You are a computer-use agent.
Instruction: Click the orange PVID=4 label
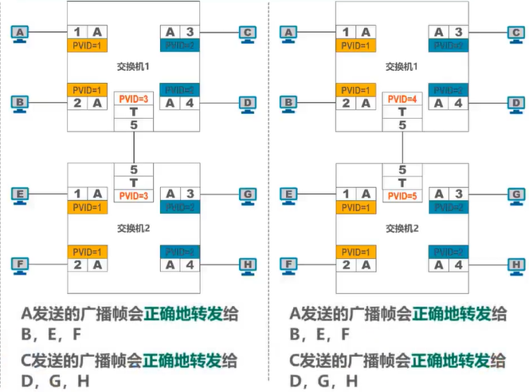coord(402,98)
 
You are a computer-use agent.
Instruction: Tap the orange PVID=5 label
coord(402,196)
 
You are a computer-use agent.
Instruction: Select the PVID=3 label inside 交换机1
coord(133,98)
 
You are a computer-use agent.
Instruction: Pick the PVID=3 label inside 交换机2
coord(133,196)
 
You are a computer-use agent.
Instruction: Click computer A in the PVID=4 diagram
coord(288,32)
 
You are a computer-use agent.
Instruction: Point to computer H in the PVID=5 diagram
coord(518,265)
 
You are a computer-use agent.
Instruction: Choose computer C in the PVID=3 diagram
coord(249,32)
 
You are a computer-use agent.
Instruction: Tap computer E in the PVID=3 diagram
coord(20,194)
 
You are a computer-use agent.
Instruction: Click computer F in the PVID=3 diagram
coord(20,265)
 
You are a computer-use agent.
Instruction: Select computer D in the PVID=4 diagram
coord(518,103)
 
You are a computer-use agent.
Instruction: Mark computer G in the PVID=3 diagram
coord(249,194)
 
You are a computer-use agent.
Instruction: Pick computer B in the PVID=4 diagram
coord(288,103)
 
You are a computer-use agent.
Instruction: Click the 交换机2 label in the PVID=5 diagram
coord(402,228)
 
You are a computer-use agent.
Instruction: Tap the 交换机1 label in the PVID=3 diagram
coord(133,67)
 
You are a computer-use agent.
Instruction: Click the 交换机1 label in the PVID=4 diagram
coord(402,67)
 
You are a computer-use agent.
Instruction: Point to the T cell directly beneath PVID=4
coord(402,112)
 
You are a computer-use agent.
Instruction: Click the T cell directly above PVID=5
coord(402,182)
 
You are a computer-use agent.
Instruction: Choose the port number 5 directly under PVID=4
coord(402,125)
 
